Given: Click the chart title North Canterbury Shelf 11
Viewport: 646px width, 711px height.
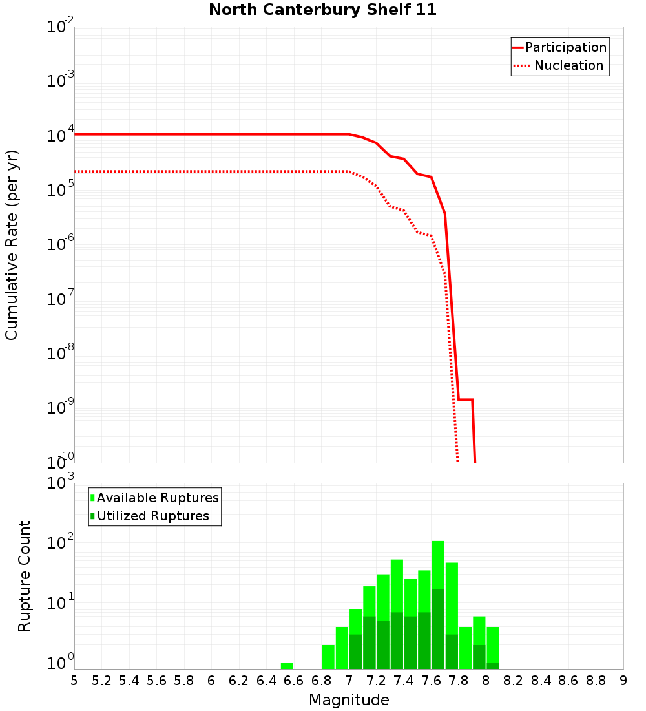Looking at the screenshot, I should point(322,10).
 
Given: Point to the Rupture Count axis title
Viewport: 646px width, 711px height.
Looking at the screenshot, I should point(25,575).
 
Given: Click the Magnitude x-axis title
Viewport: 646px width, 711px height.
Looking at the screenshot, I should point(349,700).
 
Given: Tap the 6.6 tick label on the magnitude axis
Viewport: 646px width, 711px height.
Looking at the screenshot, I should point(294,681).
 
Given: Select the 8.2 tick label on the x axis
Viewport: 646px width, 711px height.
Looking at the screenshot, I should point(514,681).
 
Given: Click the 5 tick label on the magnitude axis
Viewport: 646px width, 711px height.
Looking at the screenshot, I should point(74,681).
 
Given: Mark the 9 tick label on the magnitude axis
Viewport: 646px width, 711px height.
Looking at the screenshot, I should point(623,681).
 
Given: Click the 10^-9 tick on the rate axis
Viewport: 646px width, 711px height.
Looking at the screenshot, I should point(59,408).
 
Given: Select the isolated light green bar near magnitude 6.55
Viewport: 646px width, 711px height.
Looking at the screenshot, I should point(287,666).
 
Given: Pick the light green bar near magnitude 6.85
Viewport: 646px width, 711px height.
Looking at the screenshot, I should point(328,657).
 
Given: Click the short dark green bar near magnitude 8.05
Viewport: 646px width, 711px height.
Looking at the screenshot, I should point(493,666).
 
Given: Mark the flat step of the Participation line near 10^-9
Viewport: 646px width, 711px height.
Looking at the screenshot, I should point(465,399).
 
